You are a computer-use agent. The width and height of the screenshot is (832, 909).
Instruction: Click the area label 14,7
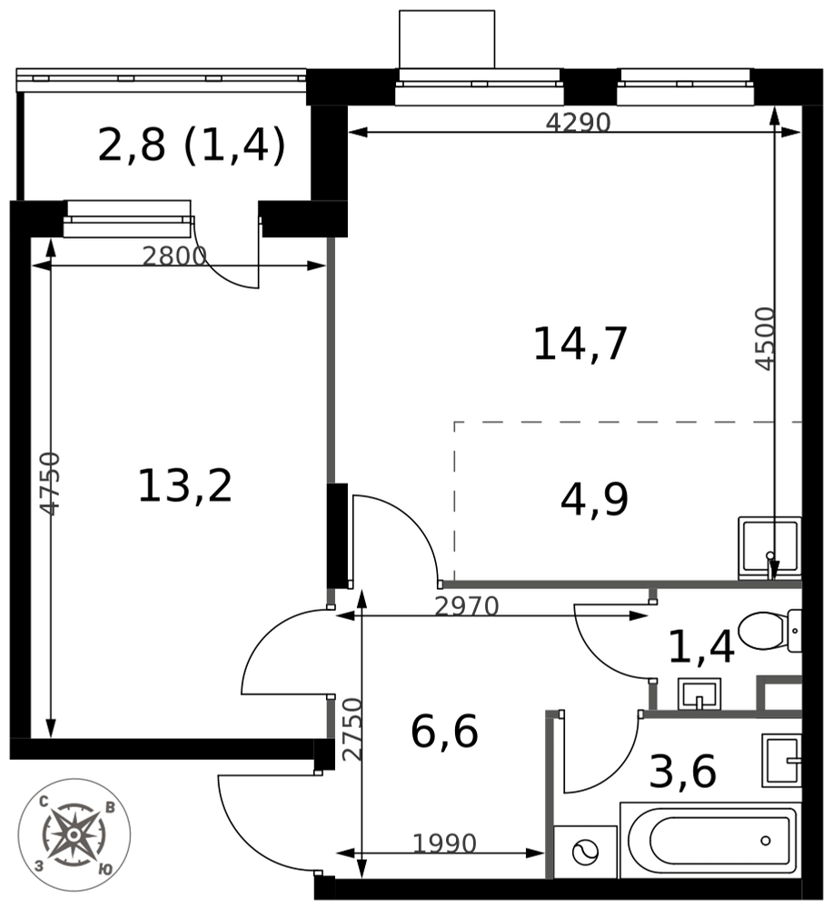[579, 345]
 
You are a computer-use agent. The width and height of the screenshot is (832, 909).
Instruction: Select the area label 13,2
[184, 485]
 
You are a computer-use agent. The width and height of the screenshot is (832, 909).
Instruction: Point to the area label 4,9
[594, 499]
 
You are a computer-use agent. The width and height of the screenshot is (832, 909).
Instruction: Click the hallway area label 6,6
[444, 732]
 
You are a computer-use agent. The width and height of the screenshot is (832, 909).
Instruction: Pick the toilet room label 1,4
[700, 647]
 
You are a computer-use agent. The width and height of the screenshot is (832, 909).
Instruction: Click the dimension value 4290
[578, 122]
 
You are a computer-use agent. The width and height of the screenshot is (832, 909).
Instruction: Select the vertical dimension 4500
[766, 338]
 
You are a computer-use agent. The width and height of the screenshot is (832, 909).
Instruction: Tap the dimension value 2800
[174, 256]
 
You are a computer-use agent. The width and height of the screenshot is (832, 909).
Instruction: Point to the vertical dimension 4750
[51, 484]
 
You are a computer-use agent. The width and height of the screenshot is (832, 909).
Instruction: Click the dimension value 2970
[466, 606]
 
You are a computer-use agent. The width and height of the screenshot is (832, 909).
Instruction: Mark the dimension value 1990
[444, 844]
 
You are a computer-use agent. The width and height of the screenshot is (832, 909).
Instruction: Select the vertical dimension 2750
[352, 729]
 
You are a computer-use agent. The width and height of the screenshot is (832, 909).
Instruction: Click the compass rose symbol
[74, 834]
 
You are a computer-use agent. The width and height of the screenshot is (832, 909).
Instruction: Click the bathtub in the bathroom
[711, 841]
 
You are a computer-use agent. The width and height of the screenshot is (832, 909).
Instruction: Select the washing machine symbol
[584, 853]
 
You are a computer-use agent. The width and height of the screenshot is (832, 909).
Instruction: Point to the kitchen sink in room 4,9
[768, 546]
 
